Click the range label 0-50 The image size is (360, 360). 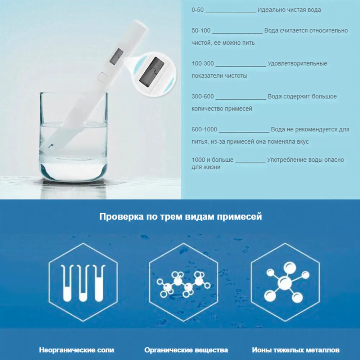[x=198, y=10]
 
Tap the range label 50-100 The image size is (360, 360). [x=201, y=31]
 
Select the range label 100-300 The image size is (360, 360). [x=203, y=63]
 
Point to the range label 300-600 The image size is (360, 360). [x=203, y=96]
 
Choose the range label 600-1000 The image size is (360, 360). [x=204, y=129]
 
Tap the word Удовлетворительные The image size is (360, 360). [x=297, y=64]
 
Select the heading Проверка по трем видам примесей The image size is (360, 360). [x=181, y=217]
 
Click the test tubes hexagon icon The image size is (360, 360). [x=83, y=282]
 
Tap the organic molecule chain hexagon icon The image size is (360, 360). [x=184, y=282]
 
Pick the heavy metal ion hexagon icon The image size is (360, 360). [x=285, y=282]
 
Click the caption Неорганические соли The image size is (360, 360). [x=76, y=350]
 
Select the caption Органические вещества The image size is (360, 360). [x=186, y=350]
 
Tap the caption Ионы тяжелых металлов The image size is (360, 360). [x=296, y=350]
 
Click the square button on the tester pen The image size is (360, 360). [x=102, y=76]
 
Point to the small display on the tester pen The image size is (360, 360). [x=116, y=57]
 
